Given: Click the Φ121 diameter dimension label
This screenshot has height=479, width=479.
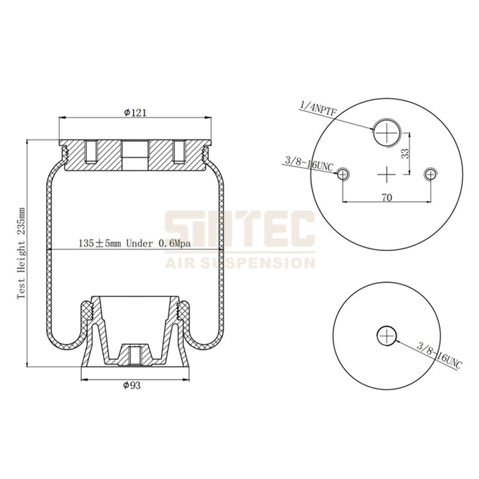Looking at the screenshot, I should click(x=135, y=113).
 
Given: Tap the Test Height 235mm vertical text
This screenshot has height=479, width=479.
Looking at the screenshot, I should click(x=22, y=253).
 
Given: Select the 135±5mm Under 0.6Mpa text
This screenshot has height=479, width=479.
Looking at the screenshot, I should click(x=135, y=244).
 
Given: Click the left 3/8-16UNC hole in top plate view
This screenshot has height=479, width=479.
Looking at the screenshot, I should click(x=342, y=174).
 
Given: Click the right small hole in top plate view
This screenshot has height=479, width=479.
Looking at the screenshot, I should click(x=431, y=174).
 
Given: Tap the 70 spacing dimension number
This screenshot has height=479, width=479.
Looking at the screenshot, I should click(x=387, y=198).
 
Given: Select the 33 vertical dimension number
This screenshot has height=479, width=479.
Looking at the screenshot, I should click(x=405, y=153).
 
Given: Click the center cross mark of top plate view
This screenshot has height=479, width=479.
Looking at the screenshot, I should click(x=387, y=174).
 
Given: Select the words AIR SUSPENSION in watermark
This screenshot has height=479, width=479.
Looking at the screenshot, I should click(x=239, y=262).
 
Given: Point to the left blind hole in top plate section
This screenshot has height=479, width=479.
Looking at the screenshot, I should click(x=91, y=152).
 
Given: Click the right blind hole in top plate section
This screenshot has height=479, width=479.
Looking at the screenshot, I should click(x=179, y=152).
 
